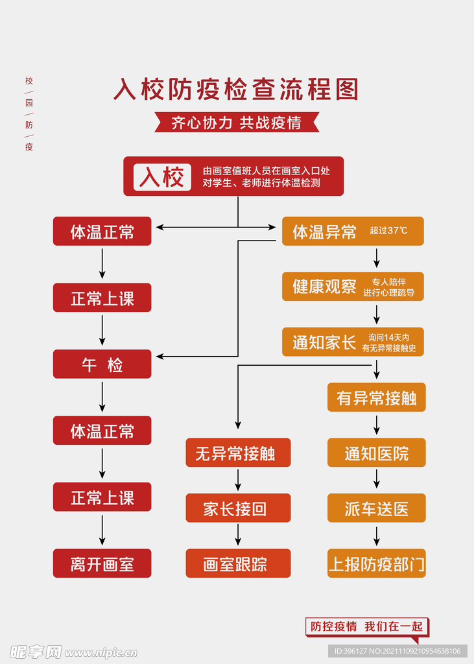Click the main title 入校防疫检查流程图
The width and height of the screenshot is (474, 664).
236,89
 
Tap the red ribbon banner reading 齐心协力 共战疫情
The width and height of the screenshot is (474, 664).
237,123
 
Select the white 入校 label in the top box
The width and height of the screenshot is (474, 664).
162,176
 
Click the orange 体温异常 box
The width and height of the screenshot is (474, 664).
353,231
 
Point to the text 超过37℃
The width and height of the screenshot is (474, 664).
388,231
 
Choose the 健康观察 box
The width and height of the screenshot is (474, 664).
353,287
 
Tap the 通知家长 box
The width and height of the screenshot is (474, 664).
353,342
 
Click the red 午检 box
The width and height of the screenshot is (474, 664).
102,364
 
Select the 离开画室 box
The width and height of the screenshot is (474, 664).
102,563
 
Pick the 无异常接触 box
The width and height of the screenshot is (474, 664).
238,453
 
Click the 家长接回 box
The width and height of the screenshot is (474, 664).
238,508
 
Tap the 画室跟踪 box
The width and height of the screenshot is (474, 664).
238,563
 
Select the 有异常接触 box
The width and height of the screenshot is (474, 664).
376,397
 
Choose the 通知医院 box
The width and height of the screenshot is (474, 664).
376,453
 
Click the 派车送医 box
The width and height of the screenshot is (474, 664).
376,508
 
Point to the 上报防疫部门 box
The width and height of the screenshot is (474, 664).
376,563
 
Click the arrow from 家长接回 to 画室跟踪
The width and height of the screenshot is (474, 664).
238,536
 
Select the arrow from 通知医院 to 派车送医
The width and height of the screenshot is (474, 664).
376,480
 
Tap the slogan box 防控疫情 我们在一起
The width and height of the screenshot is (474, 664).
366,626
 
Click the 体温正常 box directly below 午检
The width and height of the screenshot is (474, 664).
102,431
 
